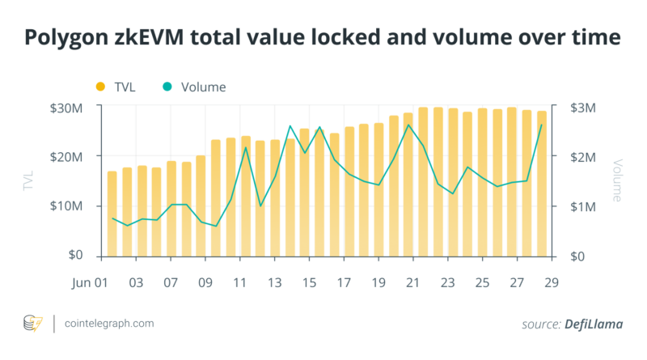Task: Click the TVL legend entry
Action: click(121, 87)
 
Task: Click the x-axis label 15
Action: click(308, 284)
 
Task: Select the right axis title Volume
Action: click(618, 181)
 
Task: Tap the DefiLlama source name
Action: click(594, 324)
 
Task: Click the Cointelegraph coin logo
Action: click(32, 324)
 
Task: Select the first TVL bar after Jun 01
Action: click(112, 214)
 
